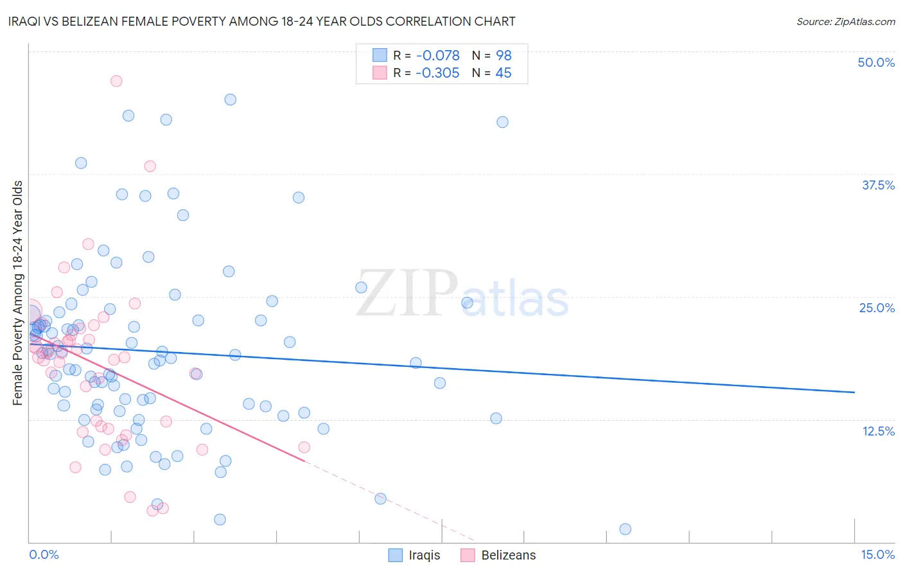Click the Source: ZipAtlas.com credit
click(x=845, y=22)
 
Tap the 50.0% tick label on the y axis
click(x=876, y=62)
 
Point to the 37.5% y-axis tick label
click(x=878, y=185)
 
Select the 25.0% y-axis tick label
click(x=877, y=308)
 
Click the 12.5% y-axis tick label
click(x=878, y=431)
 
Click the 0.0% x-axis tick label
click(x=44, y=554)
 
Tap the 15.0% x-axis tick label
click(x=877, y=554)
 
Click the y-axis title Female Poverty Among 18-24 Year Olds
click(x=18, y=293)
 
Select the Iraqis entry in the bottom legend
click(x=424, y=555)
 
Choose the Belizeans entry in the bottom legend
click(x=508, y=555)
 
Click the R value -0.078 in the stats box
click(x=437, y=56)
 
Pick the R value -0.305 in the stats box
click(x=437, y=73)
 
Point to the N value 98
click(x=504, y=56)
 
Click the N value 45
click(x=504, y=73)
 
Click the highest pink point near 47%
click(x=116, y=81)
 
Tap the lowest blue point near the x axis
click(x=625, y=529)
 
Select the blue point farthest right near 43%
click(x=502, y=122)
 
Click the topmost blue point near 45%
click(x=230, y=100)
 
